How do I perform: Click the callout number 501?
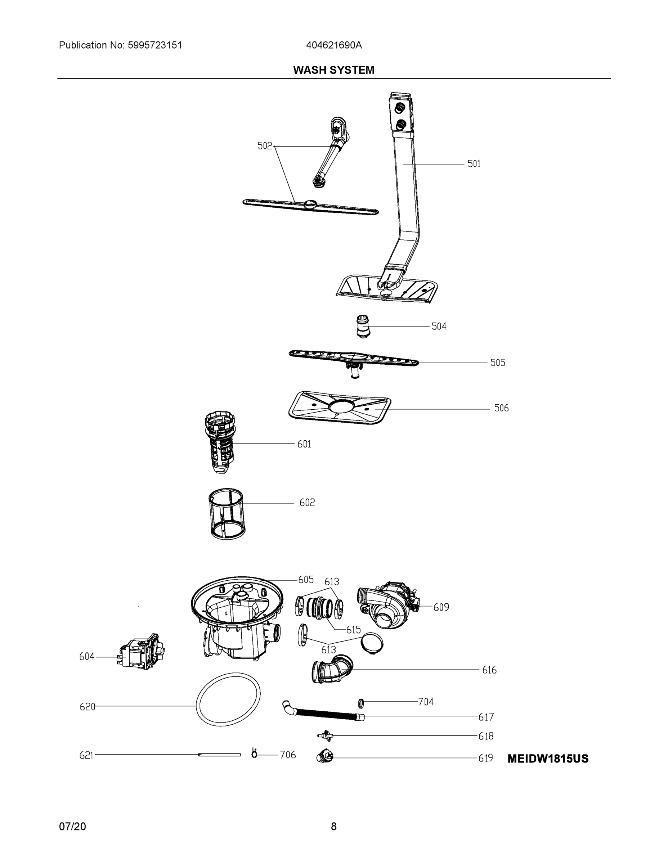pyautogui.click(x=474, y=164)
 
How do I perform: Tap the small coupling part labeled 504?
pyautogui.click(x=362, y=327)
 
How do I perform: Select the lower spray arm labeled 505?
pyautogui.click(x=353, y=359)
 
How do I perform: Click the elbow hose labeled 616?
pyautogui.click(x=332, y=669)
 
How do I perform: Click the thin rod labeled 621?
pyautogui.click(x=219, y=755)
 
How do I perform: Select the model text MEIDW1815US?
pyautogui.click(x=548, y=759)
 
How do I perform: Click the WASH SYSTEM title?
pyautogui.click(x=333, y=70)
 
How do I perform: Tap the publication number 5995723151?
pyautogui.click(x=155, y=45)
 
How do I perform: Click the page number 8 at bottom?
pyautogui.click(x=333, y=827)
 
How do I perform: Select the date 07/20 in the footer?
pyautogui.click(x=72, y=827)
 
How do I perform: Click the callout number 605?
pyautogui.click(x=305, y=580)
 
